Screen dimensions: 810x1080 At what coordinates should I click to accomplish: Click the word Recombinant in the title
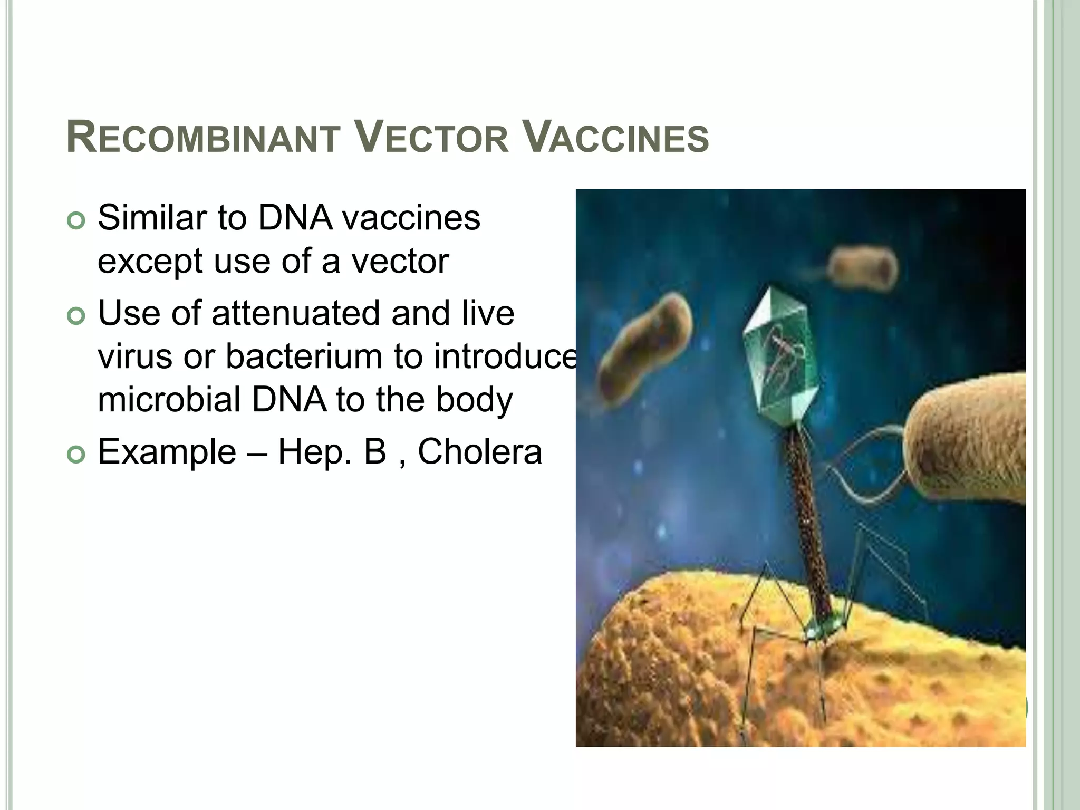click(x=203, y=138)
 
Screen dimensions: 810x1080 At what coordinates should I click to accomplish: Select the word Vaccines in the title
click(x=618, y=138)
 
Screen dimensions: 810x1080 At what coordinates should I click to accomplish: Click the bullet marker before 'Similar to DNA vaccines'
click(x=76, y=221)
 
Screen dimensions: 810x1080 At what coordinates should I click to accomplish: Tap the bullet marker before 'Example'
click(x=76, y=455)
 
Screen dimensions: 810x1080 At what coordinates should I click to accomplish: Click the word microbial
click(x=170, y=400)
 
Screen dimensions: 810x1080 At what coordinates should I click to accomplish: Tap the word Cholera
click(x=479, y=452)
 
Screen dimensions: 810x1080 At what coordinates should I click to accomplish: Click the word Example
click(x=167, y=452)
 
